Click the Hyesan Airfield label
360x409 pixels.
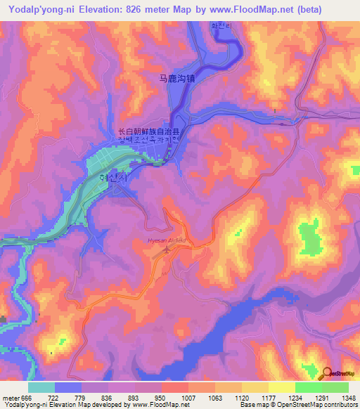tap(166, 240)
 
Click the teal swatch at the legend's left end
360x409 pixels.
tap(41, 387)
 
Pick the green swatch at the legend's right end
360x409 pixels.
tap(335, 387)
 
